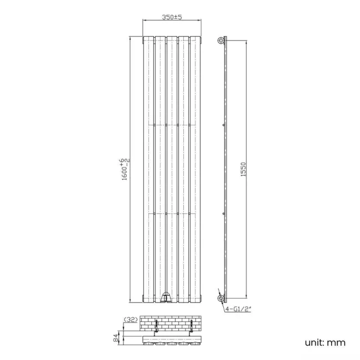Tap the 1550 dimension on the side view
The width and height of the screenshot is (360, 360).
click(x=243, y=169)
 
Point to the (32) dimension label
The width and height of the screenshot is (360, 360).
click(x=131, y=320)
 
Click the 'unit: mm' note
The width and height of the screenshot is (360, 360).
click(x=325, y=342)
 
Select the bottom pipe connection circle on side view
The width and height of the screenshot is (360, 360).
click(x=222, y=299)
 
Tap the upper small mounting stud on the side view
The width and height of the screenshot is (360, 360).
click(x=223, y=126)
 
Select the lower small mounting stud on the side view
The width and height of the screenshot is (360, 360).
click(x=223, y=212)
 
